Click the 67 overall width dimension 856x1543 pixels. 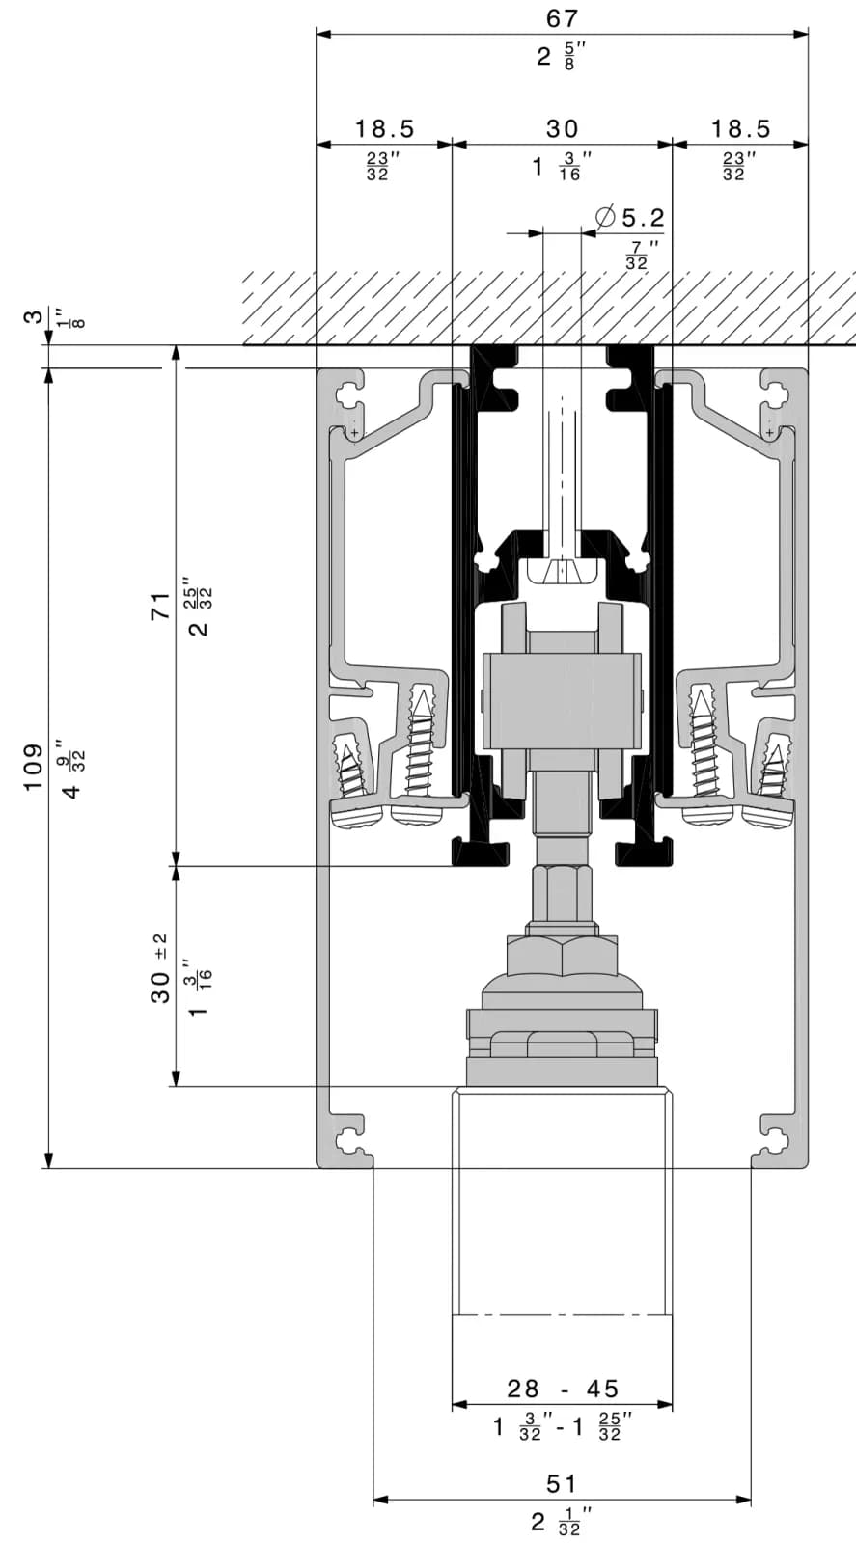point(562,18)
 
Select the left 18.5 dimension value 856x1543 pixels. point(385,129)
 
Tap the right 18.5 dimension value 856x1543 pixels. point(740,129)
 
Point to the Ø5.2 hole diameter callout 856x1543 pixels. point(630,218)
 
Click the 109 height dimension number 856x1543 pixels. point(33,767)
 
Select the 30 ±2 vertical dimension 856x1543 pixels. point(159,968)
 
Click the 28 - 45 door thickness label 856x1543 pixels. point(563,1389)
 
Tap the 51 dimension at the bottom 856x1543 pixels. point(561,1484)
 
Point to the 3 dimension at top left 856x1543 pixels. point(33,317)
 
